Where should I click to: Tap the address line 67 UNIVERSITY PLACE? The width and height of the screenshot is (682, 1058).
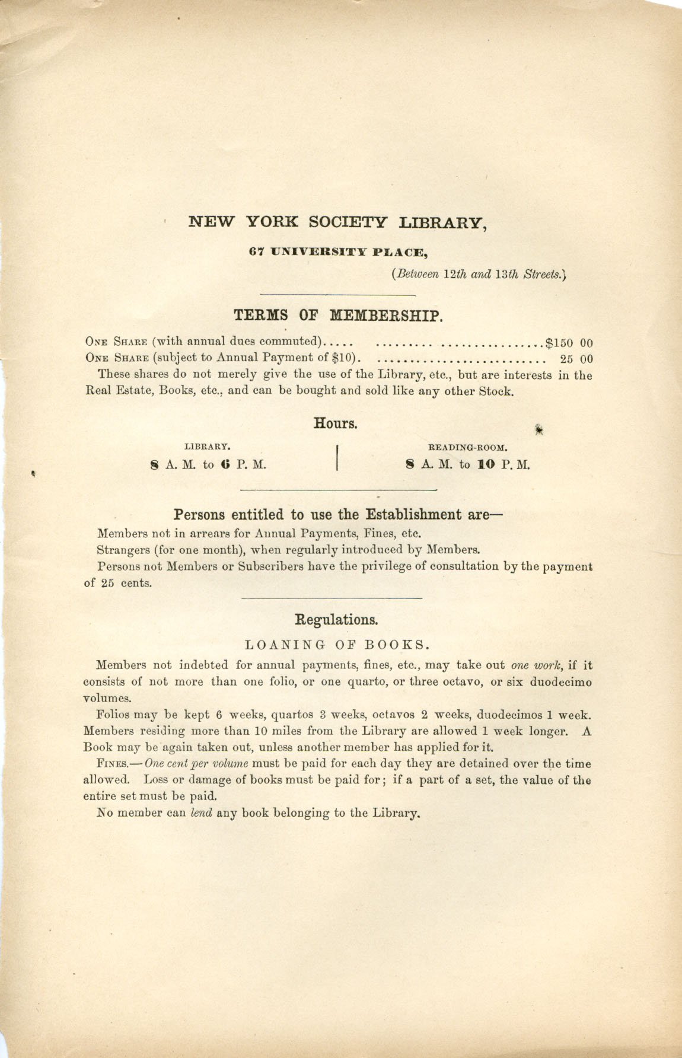coord(338,252)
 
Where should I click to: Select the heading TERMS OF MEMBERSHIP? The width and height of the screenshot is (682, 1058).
coord(338,315)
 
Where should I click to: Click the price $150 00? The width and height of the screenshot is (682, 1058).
coord(569,343)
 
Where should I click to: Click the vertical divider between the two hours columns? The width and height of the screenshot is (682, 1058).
coord(337,457)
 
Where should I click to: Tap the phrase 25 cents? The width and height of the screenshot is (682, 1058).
coord(118,582)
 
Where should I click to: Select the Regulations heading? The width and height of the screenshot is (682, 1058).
coord(336,620)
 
